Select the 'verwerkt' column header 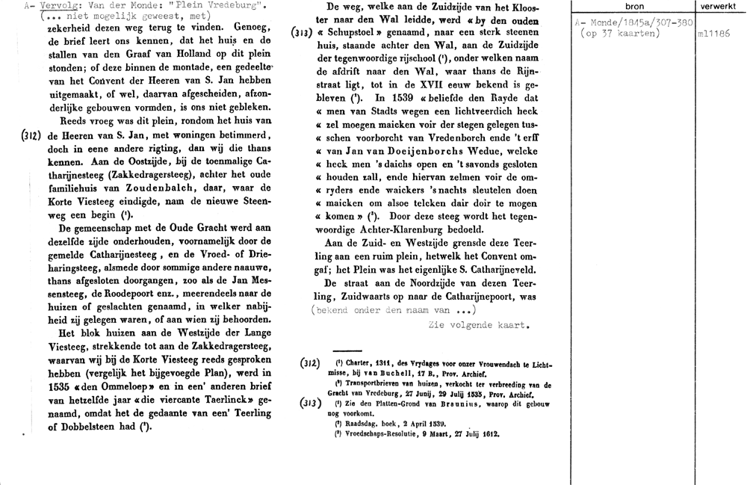719,6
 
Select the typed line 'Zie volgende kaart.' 480,325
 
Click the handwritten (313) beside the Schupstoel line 302,34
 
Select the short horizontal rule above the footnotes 346,350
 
